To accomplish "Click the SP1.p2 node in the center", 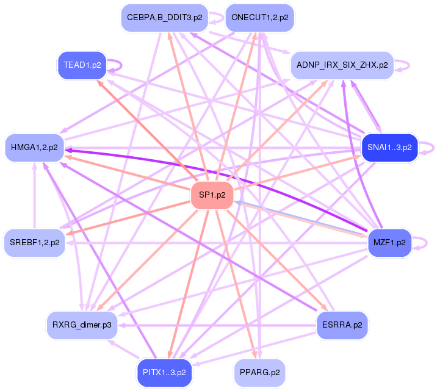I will click(x=212, y=195).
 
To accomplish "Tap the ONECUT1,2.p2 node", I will click(x=259, y=18).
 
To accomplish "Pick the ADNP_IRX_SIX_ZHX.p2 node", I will click(x=342, y=65).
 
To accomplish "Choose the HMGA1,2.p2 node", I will click(x=35, y=148).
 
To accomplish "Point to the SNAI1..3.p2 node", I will click(x=389, y=148).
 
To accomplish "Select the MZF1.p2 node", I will click(x=389, y=242).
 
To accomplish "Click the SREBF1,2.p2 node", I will click(x=35, y=242).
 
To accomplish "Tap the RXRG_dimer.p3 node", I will click(x=82, y=325).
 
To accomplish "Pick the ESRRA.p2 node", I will click(x=342, y=325).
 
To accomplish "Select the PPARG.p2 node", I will click(x=259, y=372).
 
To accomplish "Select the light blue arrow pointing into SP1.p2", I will click(x=293, y=218).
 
